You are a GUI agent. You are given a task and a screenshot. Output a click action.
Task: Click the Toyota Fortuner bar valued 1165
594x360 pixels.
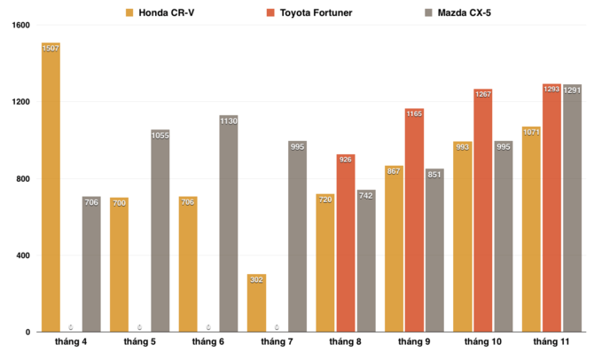[414, 221]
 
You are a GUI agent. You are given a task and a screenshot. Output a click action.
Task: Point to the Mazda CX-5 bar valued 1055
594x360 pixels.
[160, 231]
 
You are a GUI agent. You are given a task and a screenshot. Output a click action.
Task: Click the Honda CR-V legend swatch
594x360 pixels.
[129, 12]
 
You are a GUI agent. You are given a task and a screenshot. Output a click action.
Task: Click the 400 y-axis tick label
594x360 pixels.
[22, 256]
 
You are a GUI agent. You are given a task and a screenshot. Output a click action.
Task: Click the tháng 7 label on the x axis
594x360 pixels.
[277, 342]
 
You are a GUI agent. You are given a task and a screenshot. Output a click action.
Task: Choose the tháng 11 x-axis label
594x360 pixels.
[551, 342]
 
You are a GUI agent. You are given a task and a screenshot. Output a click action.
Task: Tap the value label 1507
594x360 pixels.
[51, 48]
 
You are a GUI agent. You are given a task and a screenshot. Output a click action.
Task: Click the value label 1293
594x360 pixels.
[551, 89]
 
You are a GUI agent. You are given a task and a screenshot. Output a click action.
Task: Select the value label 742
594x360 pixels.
[366, 195]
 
